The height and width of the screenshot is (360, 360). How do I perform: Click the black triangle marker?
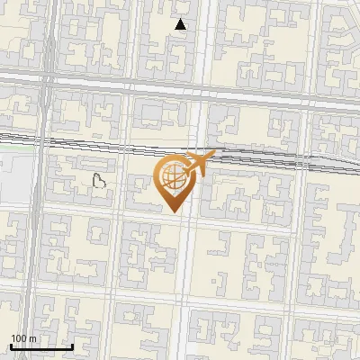click(181, 25)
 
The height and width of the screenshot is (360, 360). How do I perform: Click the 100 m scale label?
click(23, 338)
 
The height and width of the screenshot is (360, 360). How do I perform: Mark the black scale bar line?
click(41, 346)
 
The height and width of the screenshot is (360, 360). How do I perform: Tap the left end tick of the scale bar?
click(11, 345)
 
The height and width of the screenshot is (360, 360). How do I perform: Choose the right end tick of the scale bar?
click(72, 345)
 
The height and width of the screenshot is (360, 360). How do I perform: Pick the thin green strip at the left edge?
click(13, 138)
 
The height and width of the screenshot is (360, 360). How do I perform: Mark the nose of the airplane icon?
click(215, 154)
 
